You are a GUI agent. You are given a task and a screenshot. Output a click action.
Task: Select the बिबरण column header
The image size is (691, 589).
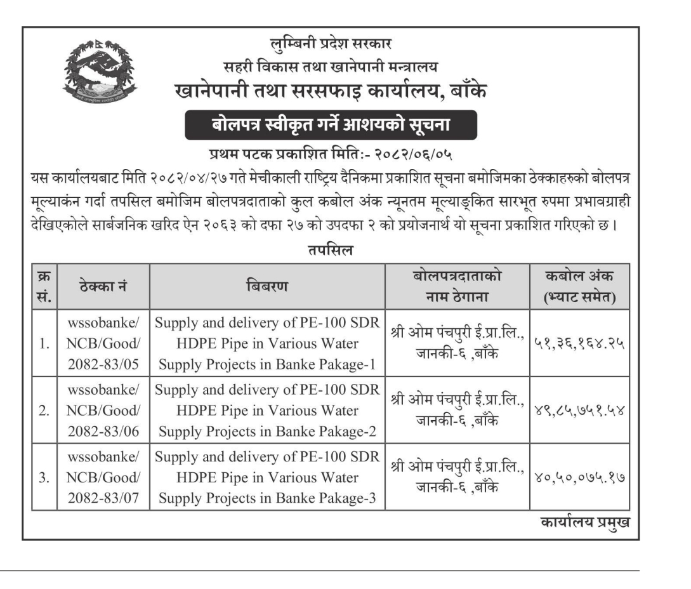(267, 287)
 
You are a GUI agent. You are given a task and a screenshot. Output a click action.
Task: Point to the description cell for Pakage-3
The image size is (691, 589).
(267, 477)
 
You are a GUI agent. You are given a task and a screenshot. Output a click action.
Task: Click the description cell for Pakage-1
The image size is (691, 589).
(267, 344)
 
